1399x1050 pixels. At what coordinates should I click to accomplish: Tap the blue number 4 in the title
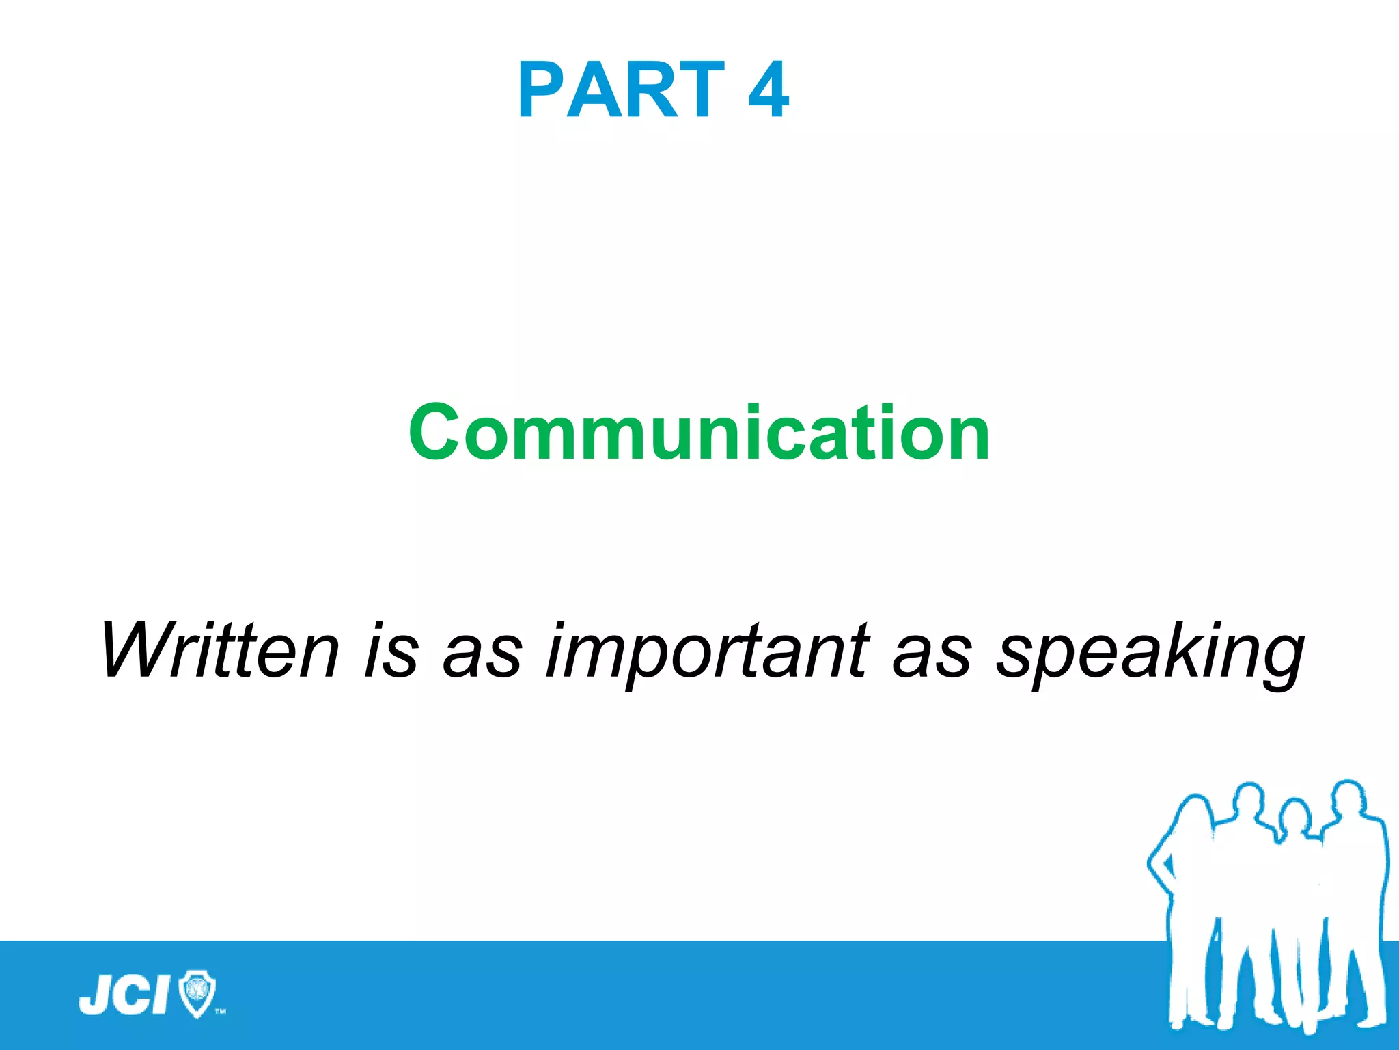pos(768,90)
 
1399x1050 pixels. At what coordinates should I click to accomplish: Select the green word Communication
pos(699,432)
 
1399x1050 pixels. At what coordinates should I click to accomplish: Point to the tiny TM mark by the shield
pos(220,1011)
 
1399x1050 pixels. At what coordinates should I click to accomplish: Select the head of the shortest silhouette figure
pos(1293,817)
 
